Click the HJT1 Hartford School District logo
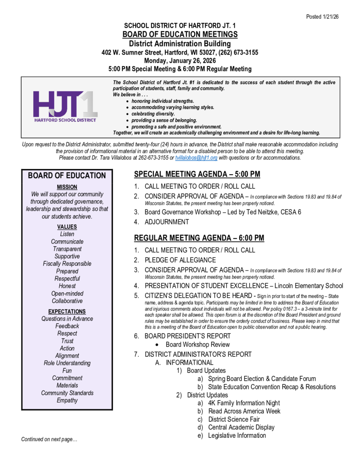[x=65, y=106]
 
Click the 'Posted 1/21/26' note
[x=322, y=17]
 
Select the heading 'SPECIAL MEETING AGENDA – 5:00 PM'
[x=197, y=174]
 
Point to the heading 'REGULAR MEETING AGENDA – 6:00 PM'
[x=199, y=238]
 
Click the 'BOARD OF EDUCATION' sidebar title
[x=67, y=176]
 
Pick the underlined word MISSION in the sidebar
[x=67, y=187]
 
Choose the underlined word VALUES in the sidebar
[x=67, y=227]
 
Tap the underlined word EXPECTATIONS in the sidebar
[x=67, y=311]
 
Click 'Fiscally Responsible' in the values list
[x=67, y=264]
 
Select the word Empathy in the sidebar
[x=67, y=400]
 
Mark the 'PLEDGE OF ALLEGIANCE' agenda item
[x=180, y=260]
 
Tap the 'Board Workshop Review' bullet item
[x=198, y=344]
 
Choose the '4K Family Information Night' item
[x=244, y=403]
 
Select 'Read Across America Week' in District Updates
[x=244, y=411]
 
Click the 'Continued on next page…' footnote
[x=49, y=439]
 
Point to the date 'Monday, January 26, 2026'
[x=180, y=61]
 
